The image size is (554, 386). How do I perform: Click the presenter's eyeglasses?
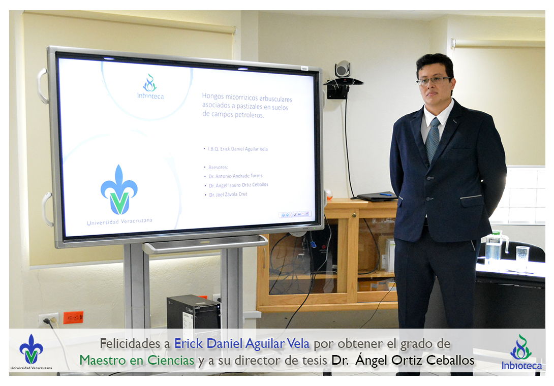(434, 81)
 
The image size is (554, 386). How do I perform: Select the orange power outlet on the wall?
(74, 317)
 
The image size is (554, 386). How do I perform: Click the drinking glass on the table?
(522, 254)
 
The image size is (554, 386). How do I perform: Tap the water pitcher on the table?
(495, 247)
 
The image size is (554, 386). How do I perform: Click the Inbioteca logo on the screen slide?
(150, 86)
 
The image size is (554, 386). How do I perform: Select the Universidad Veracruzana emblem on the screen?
(119, 190)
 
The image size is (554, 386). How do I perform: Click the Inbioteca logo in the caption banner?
(521, 352)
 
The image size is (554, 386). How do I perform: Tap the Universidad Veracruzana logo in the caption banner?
(31, 352)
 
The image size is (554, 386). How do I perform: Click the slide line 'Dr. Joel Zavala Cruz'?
(228, 195)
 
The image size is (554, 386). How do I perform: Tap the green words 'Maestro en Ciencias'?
(137, 360)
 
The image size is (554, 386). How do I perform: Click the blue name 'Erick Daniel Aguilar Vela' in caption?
(242, 344)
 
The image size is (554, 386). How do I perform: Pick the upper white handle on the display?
(42, 86)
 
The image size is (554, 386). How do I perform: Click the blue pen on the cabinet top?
(386, 194)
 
